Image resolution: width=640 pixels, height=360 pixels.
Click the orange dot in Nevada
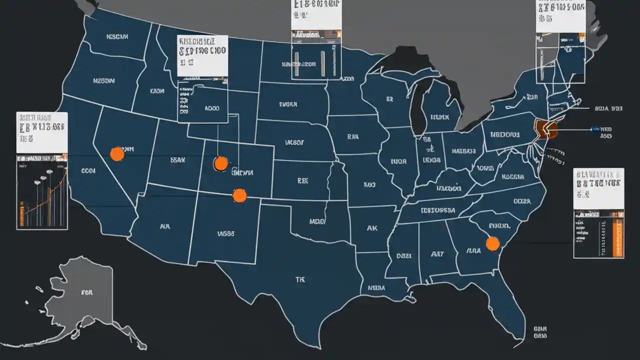pyautogui.click(x=117, y=154)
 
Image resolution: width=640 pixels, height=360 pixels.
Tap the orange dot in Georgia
pyautogui.click(x=492, y=243)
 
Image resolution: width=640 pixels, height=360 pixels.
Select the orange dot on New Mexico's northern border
pyautogui.click(x=239, y=195)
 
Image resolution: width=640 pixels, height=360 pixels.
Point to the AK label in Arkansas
pyautogui.click(x=372, y=228)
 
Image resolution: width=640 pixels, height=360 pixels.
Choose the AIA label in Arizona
pyautogui.click(x=164, y=226)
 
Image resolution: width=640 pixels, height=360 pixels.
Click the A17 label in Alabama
pyautogui.click(x=437, y=254)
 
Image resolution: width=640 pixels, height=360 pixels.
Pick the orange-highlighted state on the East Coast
pyautogui.click(x=544, y=129)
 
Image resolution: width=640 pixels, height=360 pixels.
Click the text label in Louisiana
pyautogui.click(x=376, y=288)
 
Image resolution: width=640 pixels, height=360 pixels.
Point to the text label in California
pyautogui.click(x=88, y=171)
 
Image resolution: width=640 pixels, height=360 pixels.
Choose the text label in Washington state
pyautogui.click(x=117, y=37)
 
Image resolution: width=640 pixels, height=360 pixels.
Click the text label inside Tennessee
pyautogui.click(x=437, y=210)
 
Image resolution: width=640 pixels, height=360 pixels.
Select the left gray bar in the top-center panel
pyautogui.click(x=297, y=64)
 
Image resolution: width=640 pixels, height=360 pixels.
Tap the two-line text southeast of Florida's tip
pyautogui.click(x=539, y=332)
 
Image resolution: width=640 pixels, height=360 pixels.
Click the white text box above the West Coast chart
pyautogui.click(x=42, y=132)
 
